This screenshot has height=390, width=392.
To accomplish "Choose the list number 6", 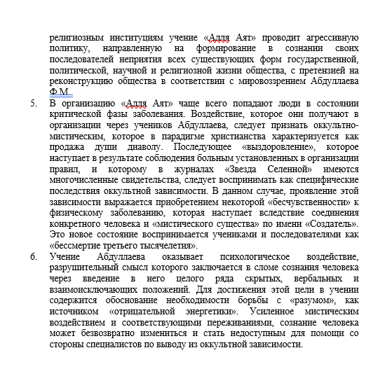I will click(34, 258).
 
